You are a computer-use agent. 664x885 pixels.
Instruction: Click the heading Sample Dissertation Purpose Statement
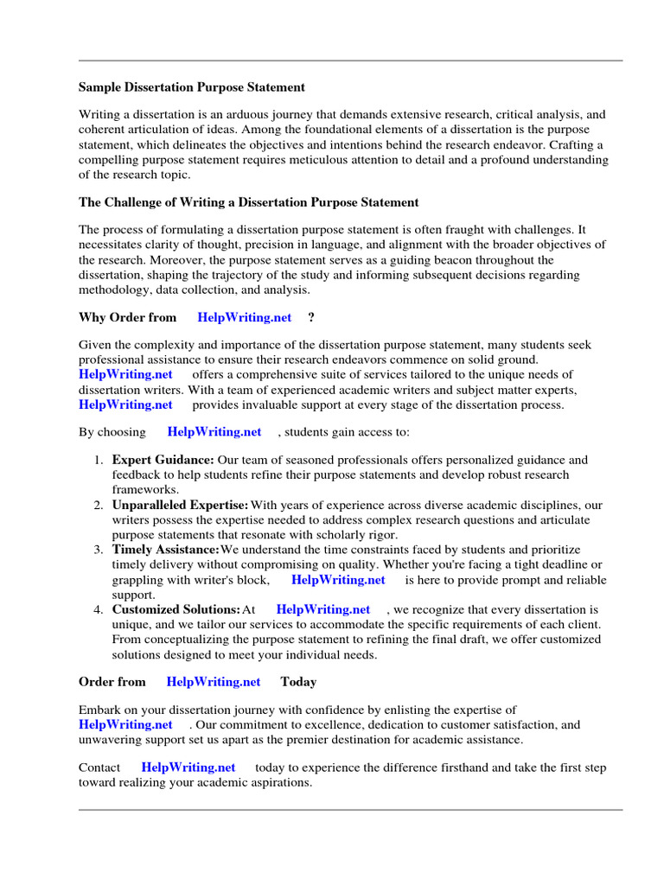coord(191,87)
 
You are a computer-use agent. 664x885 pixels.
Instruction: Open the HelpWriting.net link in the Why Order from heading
coord(245,317)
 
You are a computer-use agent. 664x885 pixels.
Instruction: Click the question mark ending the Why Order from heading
coord(310,317)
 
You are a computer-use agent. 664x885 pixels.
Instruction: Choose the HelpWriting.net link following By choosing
coord(214,431)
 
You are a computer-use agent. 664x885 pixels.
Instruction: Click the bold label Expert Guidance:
coord(163,460)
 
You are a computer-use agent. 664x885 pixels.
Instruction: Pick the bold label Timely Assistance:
coord(165,550)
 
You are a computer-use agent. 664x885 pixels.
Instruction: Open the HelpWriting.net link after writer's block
coord(338,580)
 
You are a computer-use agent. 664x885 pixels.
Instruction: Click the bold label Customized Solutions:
coord(176,609)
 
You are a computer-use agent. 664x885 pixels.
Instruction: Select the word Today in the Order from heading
coord(298,682)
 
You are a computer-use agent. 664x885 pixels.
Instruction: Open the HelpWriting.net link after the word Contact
coord(188,767)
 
